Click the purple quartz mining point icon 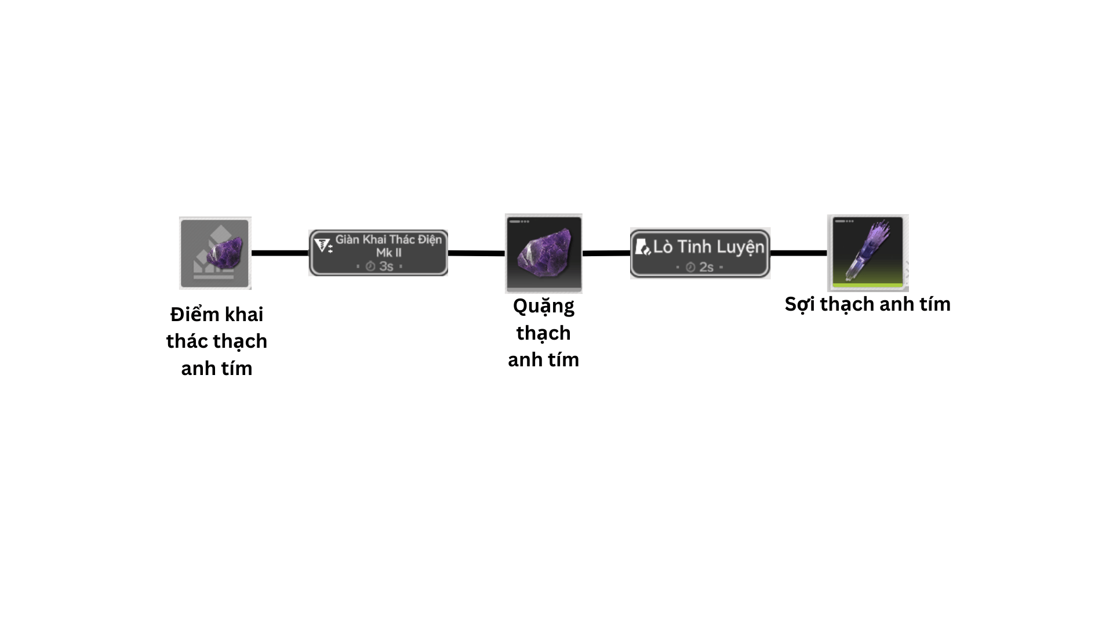215,253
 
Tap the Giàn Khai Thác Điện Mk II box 378,253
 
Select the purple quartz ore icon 543,253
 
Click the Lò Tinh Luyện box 700,253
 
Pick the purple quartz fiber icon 867,252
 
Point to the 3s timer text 386,266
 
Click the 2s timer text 706,267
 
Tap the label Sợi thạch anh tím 867,304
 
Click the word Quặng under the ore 543,306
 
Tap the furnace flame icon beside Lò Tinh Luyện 642,247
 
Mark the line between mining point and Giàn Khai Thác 280,253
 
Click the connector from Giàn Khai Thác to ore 477,253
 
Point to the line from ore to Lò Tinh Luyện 606,253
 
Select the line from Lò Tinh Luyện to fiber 798,253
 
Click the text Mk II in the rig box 388,253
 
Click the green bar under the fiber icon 867,285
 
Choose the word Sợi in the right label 800,304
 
